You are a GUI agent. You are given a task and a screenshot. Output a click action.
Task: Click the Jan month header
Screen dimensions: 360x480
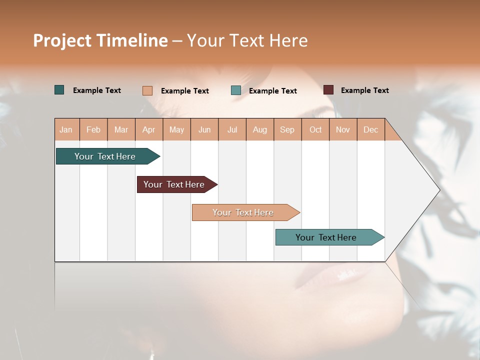66,129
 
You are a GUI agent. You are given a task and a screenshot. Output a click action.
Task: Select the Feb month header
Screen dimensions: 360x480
93,129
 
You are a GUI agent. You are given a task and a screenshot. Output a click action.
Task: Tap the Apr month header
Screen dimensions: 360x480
149,129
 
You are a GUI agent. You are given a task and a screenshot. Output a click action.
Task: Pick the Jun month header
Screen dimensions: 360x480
204,129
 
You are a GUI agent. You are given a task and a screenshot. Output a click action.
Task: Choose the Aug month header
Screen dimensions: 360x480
260,129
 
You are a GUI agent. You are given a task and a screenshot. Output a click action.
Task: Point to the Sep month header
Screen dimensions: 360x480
287,129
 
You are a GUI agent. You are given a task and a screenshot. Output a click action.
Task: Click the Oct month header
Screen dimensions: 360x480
315,129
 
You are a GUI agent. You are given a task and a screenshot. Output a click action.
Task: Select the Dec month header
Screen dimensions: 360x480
370,129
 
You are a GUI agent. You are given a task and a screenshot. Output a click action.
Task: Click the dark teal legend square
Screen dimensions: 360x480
59,90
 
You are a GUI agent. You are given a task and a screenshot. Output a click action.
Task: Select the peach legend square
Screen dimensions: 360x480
147,90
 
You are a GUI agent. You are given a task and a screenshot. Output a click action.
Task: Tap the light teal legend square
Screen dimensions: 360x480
236,90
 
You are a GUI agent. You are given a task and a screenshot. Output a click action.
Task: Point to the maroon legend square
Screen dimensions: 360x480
328,90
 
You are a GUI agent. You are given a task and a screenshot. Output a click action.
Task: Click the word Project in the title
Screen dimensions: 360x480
62,40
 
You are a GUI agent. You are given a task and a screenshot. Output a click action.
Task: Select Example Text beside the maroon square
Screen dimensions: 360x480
364,90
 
